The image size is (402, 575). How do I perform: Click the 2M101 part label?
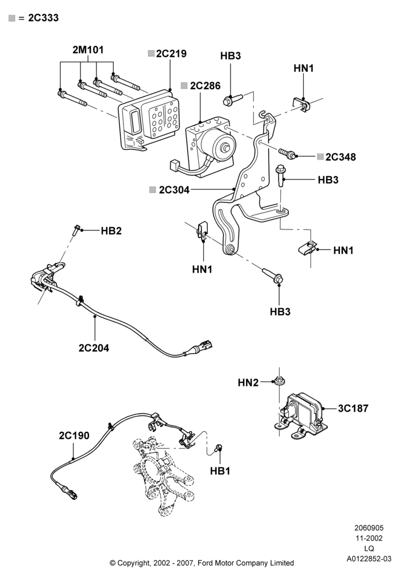(x=88, y=50)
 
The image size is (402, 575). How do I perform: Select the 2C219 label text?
(x=171, y=53)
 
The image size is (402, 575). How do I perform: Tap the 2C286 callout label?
(x=206, y=86)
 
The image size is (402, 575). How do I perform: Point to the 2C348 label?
(x=341, y=157)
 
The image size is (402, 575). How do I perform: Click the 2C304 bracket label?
(x=174, y=190)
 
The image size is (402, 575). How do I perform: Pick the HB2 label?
(x=111, y=231)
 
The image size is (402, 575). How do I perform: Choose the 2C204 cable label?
(x=94, y=348)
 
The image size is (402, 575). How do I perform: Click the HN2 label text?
(x=248, y=383)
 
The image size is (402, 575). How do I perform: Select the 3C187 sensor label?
(x=353, y=408)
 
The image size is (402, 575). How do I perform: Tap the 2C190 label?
(x=74, y=436)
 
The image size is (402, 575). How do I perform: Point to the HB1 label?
(x=220, y=471)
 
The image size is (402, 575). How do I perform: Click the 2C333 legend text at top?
(x=43, y=18)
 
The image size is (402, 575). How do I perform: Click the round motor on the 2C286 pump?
(x=218, y=145)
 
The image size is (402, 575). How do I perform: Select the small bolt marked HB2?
(x=75, y=230)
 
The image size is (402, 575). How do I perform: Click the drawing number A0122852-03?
(x=369, y=559)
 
